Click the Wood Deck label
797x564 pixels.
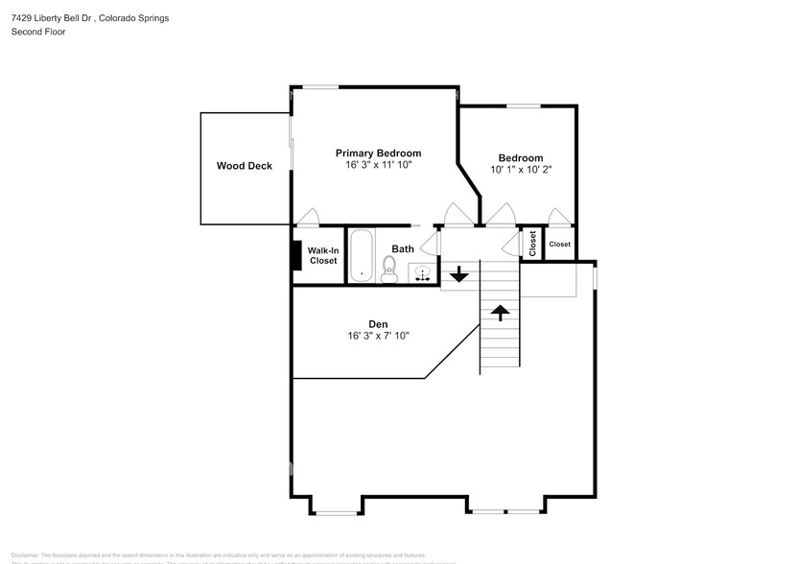pos(244,166)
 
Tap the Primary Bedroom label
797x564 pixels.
pos(378,153)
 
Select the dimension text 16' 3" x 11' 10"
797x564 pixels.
pos(378,165)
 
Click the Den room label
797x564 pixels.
pos(377,324)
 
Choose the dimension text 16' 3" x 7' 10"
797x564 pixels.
pos(378,337)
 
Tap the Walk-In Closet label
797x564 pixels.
pos(322,255)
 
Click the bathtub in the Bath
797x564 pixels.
pos(362,256)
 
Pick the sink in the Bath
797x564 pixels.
pos(422,273)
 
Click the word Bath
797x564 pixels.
pos(403,249)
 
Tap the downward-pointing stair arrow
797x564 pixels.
pos(458,275)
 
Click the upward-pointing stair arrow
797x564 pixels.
pos(500,311)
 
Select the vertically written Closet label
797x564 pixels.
pos(532,244)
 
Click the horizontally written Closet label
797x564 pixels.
pos(559,244)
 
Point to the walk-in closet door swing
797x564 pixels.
pos(308,217)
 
